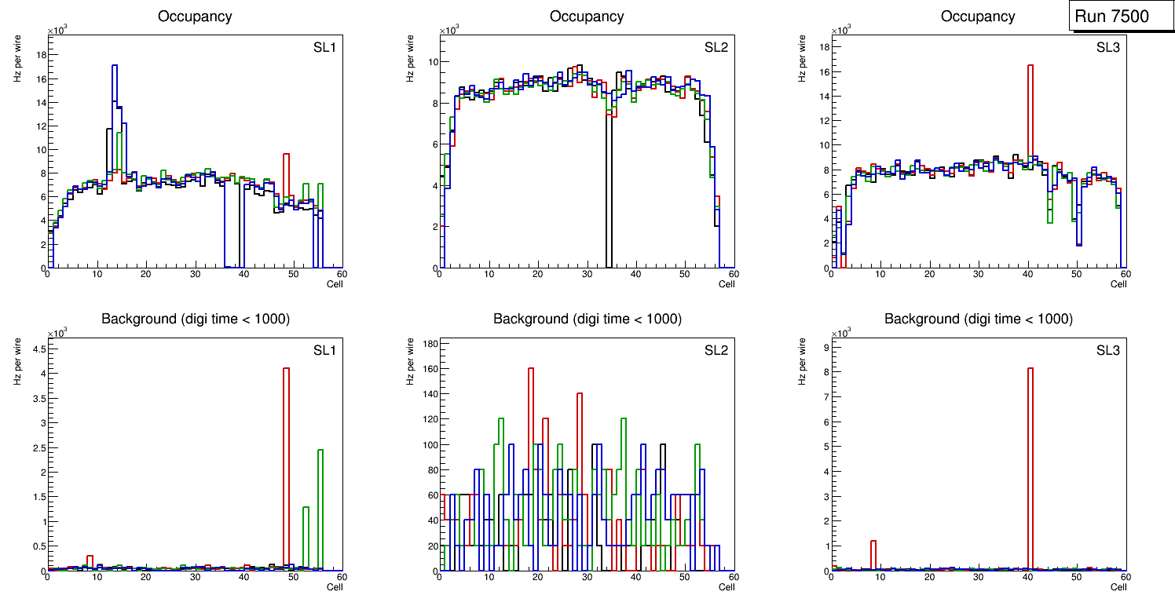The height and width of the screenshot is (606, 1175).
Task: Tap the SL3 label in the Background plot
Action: click(x=1108, y=350)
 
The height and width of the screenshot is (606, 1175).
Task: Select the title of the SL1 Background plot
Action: click(x=196, y=319)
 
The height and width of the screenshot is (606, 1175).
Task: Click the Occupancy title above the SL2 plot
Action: click(x=587, y=16)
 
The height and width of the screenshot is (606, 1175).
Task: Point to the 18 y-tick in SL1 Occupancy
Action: click(x=39, y=55)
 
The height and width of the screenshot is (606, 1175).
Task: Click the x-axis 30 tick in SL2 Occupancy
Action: click(x=586, y=275)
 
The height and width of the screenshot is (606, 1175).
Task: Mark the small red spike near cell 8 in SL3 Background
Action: click(x=873, y=553)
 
